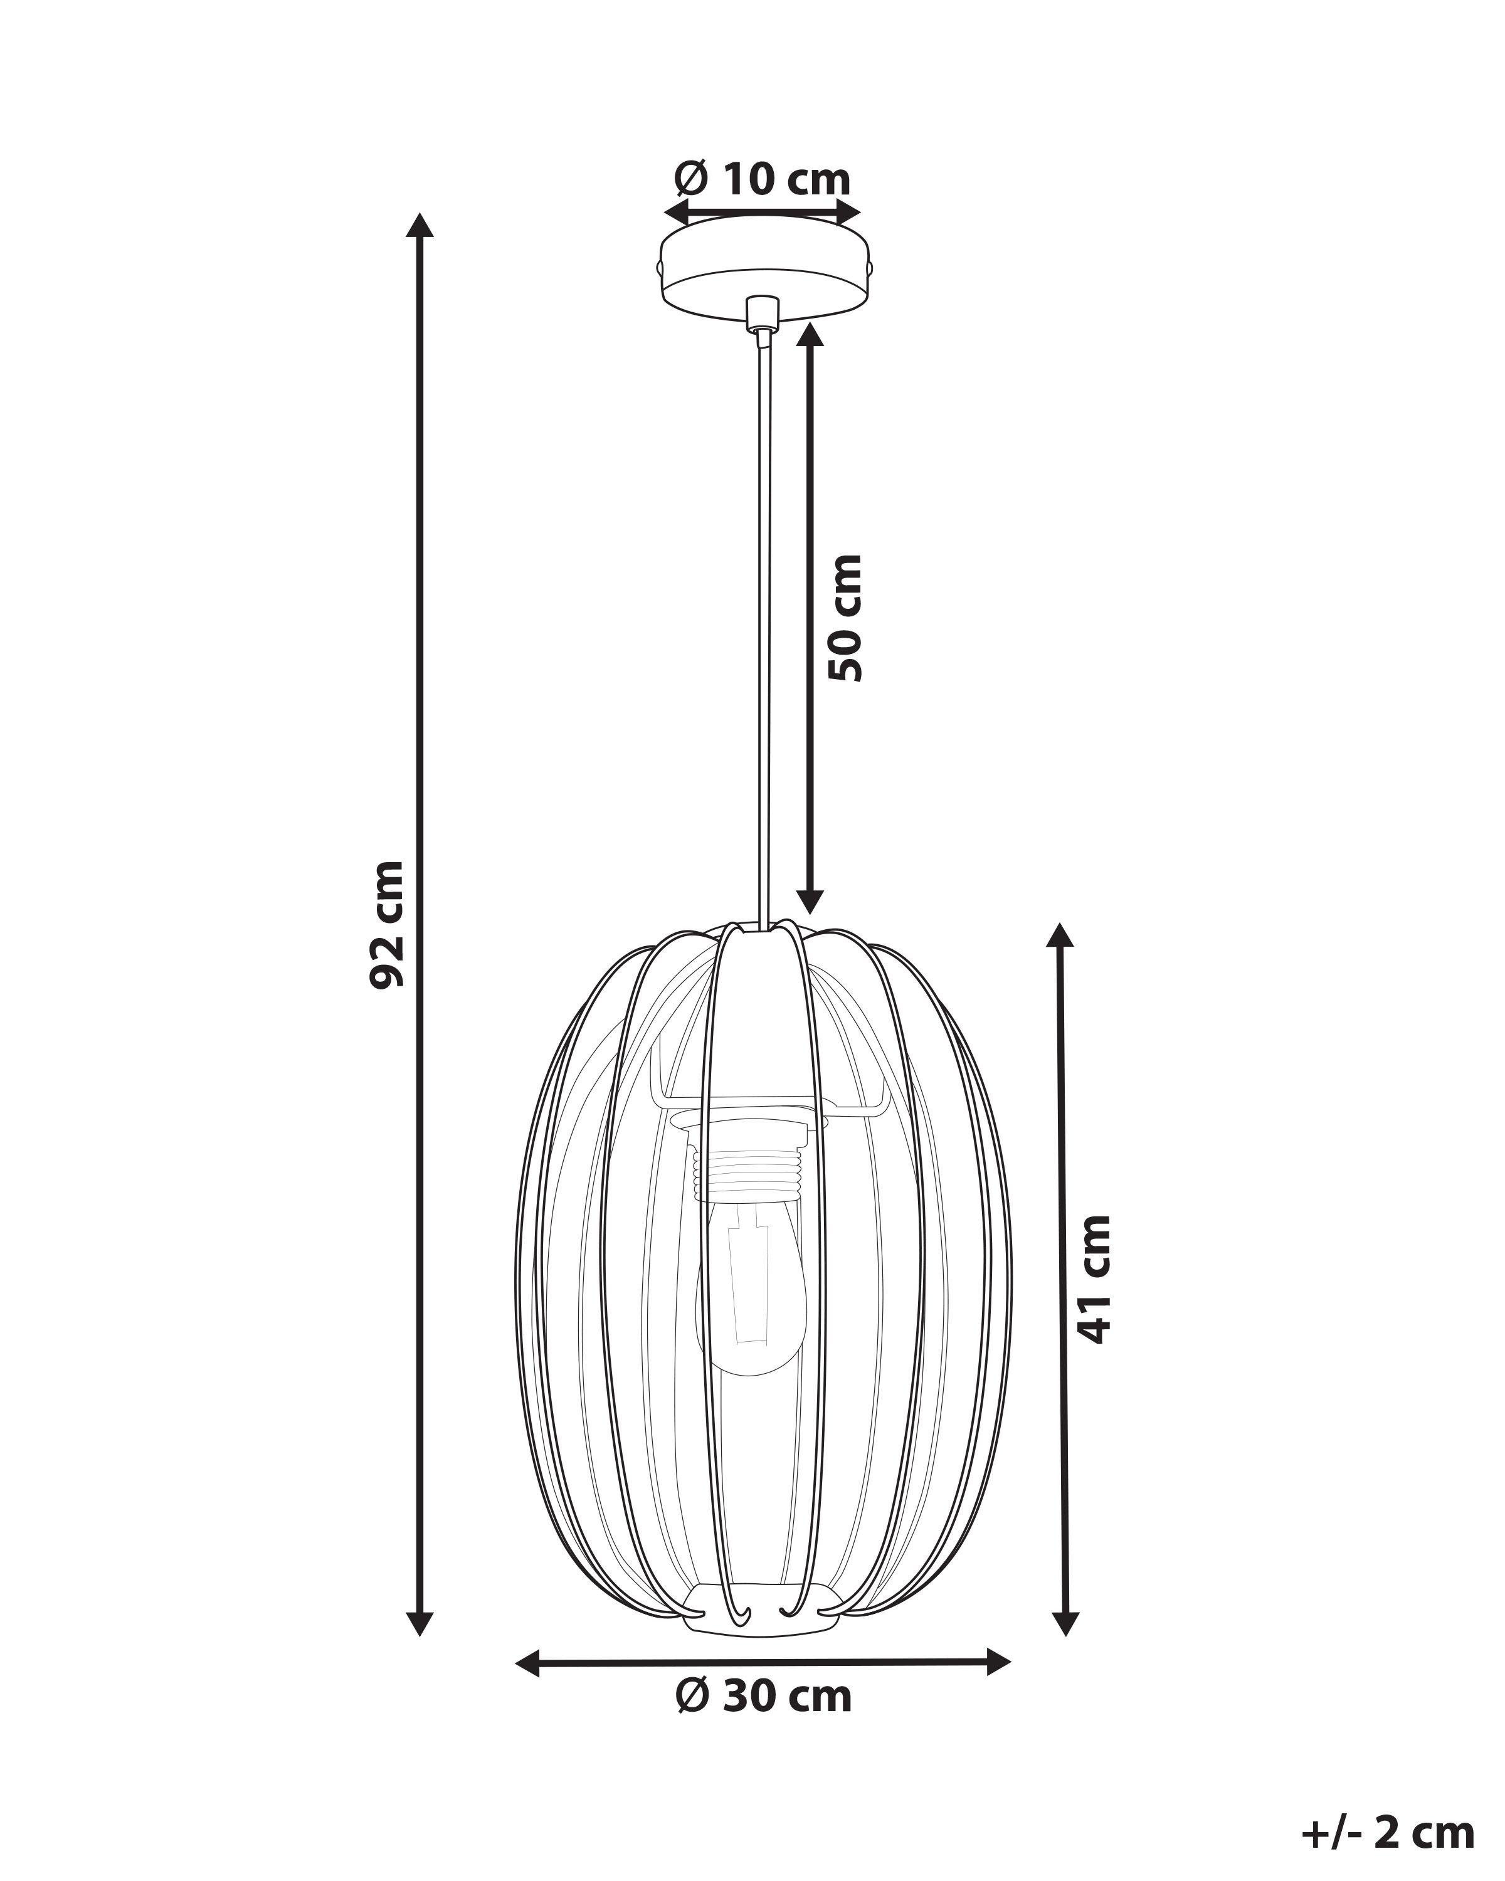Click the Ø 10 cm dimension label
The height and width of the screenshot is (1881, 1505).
coord(762,180)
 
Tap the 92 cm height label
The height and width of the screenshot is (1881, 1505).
coord(386,925)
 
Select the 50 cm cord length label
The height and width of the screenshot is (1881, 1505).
coord(845,617)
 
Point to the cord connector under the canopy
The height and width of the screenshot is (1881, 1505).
coord(762,312)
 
